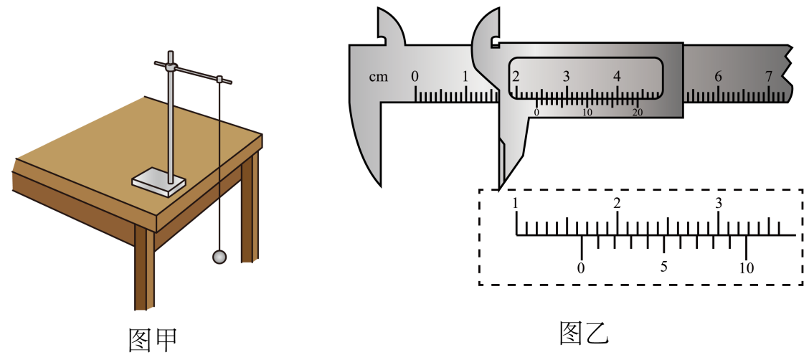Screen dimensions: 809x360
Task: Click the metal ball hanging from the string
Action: click(219, 257)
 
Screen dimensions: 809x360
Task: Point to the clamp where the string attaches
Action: click(219, 79)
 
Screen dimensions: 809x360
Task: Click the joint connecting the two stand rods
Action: click(171, 66)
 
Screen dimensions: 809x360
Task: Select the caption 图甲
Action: click(153, 339)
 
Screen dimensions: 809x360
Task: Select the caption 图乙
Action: click(585, 333)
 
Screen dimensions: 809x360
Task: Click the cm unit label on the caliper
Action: click(378, 77)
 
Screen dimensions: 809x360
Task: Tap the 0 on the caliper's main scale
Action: click(415, 76)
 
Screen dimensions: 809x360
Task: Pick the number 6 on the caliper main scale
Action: click(718, 76)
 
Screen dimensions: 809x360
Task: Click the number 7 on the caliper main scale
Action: click(769, 76)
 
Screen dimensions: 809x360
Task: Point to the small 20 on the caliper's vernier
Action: click(638, 113)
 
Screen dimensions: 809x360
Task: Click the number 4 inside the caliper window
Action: click(617, 76)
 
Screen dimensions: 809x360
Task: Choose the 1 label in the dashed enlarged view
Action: click(516, 203)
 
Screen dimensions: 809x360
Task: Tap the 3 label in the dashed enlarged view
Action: click(719, 203)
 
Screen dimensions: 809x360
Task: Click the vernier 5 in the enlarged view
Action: click(663, 267)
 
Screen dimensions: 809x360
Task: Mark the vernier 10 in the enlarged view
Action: click(746, 267)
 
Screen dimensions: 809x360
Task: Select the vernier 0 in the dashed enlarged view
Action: click(582, 267)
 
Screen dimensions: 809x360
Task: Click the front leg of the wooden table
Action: click(144, 267)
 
